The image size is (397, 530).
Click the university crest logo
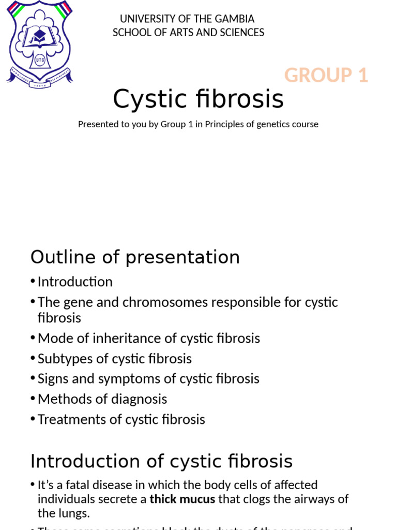coord(40,45)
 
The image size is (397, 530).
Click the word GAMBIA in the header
coord(235,19)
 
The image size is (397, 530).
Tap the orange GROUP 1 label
coord(326,76)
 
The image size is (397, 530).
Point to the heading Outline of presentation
coord(135,257)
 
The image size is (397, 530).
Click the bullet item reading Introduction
coord(75,282)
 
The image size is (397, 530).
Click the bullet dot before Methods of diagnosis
coord(33,399)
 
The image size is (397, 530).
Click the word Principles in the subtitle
coord(224,124)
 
